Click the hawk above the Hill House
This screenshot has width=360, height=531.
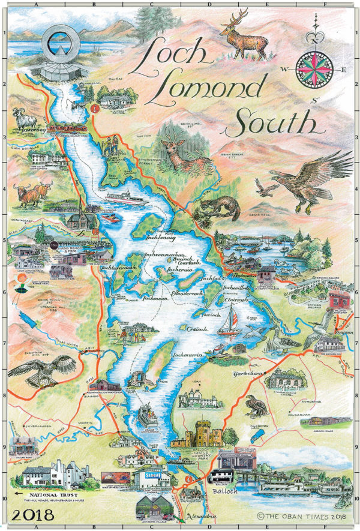tap(42, 368)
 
